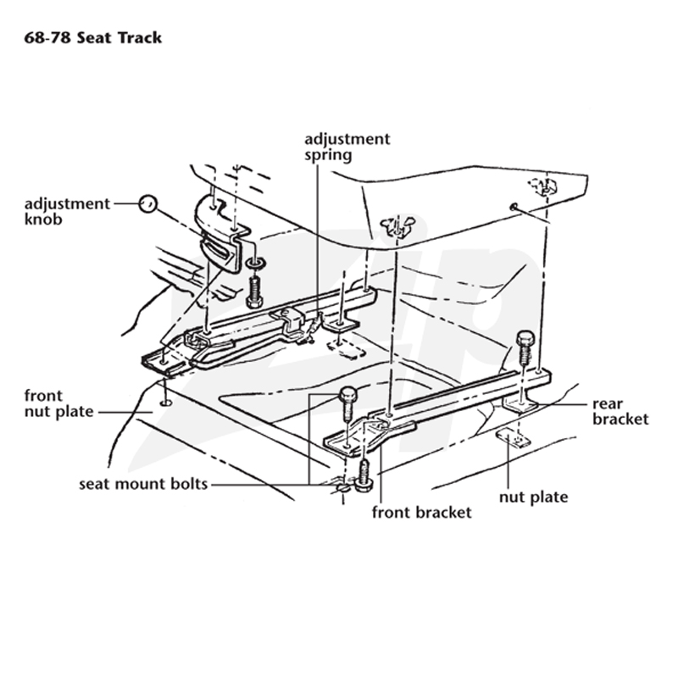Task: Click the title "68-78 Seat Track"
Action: click(92, 38)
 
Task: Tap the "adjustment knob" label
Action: click(67, 211)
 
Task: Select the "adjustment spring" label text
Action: click(347, 147)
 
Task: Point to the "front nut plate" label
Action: click(58, 403)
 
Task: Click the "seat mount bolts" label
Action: click(143, 483)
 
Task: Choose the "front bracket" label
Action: click(421, 513)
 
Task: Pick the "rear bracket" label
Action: click(620, 411)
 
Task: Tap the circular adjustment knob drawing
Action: click(147, 203)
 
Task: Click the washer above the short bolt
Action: click(256, 263)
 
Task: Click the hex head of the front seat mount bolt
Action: click(348, 394)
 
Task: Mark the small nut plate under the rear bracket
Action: click(514, 437)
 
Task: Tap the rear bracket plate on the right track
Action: click(520, 405)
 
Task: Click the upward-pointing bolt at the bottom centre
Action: click(364, 475)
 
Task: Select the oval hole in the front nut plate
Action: click(165, 403)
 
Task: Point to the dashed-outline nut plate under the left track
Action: click(347, 348)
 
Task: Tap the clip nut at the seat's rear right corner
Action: click(543, 186)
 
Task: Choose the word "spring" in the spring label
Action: click(328, 156)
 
